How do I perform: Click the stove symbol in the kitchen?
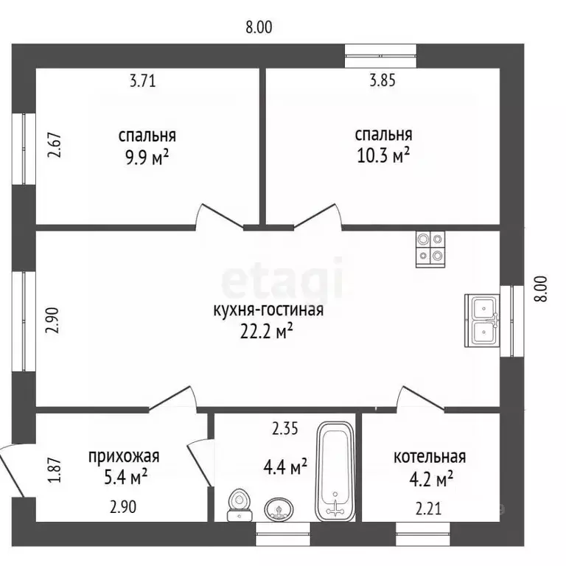430,248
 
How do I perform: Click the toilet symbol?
238,501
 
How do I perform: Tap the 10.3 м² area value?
382,156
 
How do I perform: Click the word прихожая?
123,456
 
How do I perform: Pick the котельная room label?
429,458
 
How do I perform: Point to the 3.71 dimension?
142,82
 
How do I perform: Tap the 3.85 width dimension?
382,82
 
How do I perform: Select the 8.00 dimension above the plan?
259,28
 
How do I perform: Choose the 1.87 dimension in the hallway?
53,471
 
